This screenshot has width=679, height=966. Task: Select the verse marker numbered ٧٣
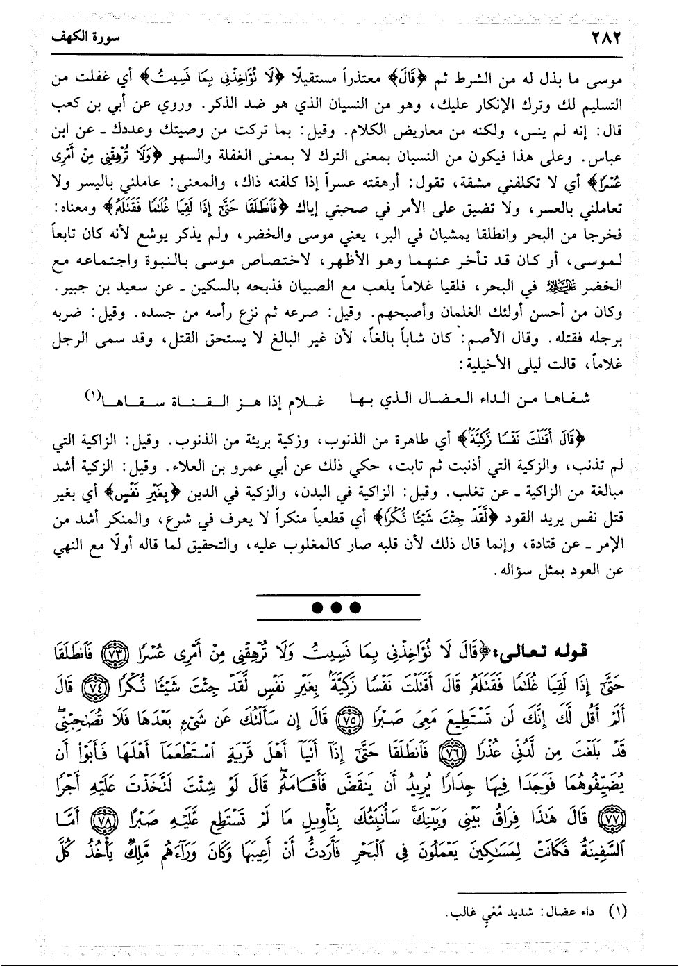110,654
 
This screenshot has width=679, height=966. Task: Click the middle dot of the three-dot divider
338,608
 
